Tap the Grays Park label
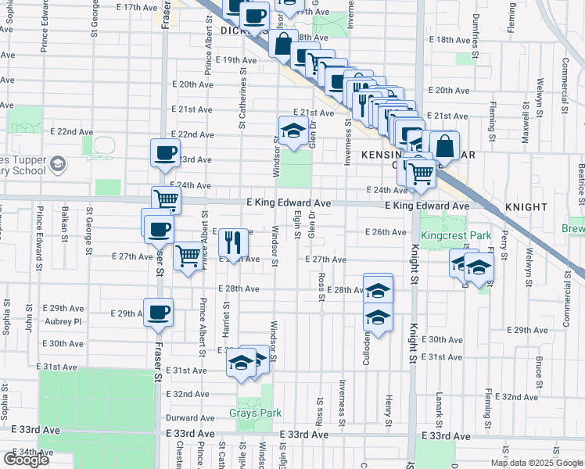tap(255, 413)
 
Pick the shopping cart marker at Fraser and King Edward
tap(166, 199)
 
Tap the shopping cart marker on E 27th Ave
tap(188, 255)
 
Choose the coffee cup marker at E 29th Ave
tap(158, 312)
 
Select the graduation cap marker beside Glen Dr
tap(292, 131)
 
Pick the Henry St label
tap(389, 411)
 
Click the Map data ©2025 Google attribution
tap(537, 463)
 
